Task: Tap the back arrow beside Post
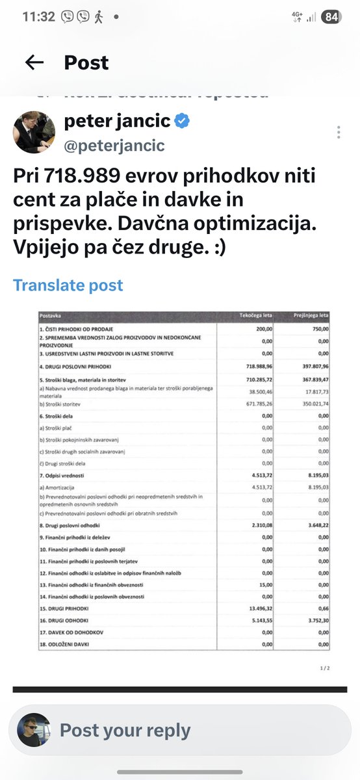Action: pyautogui.click(x=34, y=62)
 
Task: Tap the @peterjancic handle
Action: pyautogui.click(x=114, y=145)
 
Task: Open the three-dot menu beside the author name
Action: pyautogui.click(x=339, y=133)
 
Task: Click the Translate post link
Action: pyautogui.click(x=68, y=285)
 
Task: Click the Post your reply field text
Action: pyautogui.click(x=125, y=730)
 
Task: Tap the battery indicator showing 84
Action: pyautogui.click(x=331, y=17)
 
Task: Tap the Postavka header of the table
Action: pyautogui.click(x=50, y=317)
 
